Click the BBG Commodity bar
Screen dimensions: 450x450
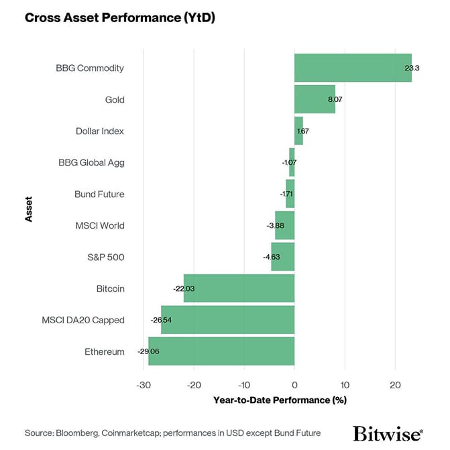pyautogui.click(x=353, y=68)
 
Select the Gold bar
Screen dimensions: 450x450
pyautogui.click(x=315, y=100)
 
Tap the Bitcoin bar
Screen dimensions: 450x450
pyautogui.click(x=239, y=288)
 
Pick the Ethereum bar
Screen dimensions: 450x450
pyautogui.click(x=221, y=351)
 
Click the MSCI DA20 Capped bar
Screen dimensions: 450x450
pyautogui.click(x=227, y=320)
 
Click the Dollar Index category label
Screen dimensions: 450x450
pyautogui.click(x=100, y=131)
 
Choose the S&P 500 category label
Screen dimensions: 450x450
pyautogui.click(x=106, y=257)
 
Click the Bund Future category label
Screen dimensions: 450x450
pyautogui.click(x=99, y=194)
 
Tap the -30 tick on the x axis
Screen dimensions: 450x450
pyautogui.click(x=143, y=386)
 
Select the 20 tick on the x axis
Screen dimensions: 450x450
pyautogui.click(x=394, y=386)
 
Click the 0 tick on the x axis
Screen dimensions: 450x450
pyautogui.click(x=294, y=386)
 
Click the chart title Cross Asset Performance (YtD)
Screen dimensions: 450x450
pyautogui.click(x=121, y=17)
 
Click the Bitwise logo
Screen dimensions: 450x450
pyautogui.click(x=388, y=433)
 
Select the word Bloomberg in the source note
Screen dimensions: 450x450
pyautogui.click(x=79, y=433)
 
